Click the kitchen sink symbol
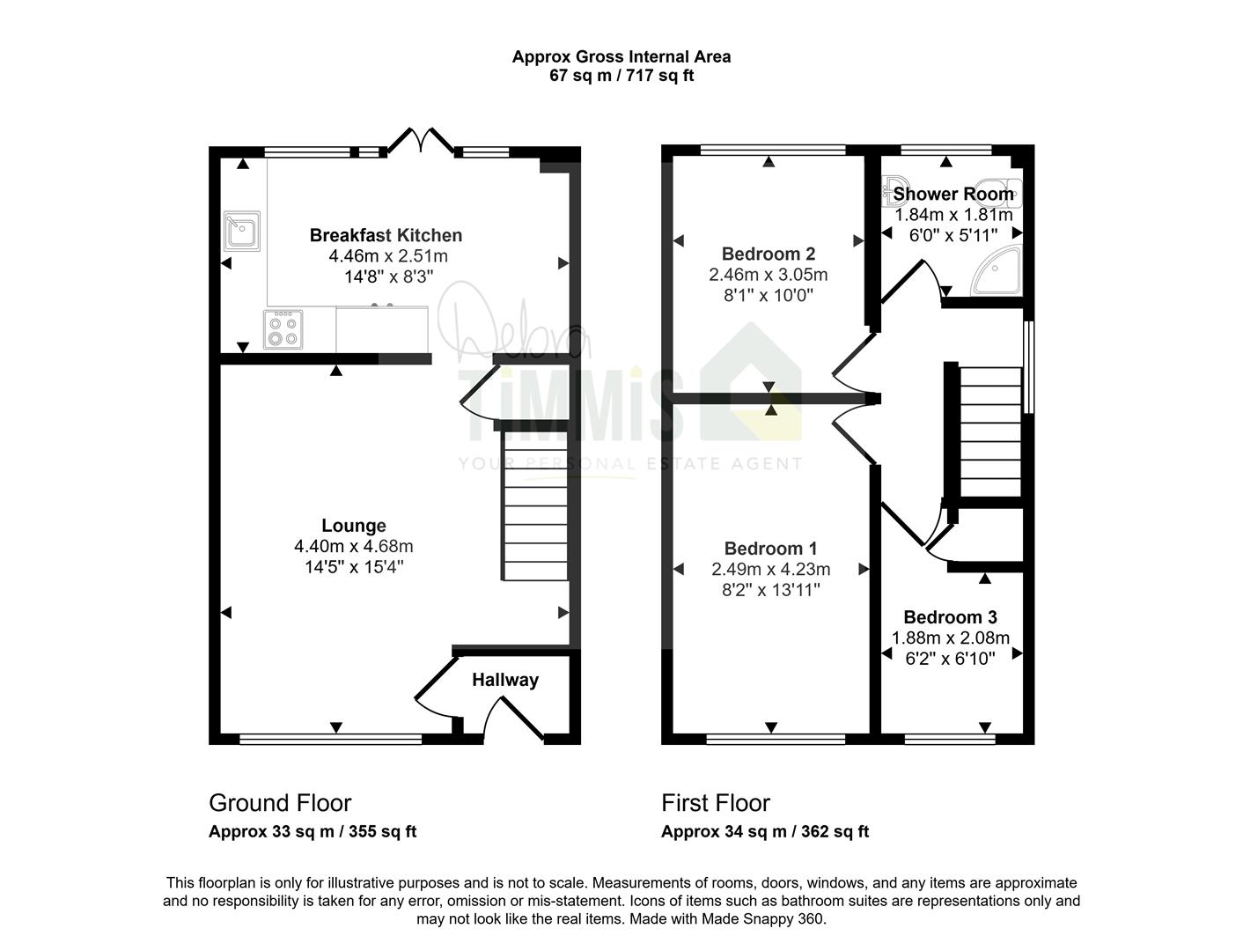click(x=242, y=231)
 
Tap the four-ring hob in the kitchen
click(x=283, y=329)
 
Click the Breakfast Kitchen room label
click(x=386, y=235)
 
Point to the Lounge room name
click(x=354, y=526)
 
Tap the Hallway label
click(x=505, y=680)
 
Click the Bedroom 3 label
click(x=950, y=616)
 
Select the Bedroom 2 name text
click(x=769, y=254)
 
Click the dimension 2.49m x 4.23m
click(x=771, y=569)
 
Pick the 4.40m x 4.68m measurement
click(x=353, y=547)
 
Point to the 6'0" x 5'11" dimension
click(x=953, y=235)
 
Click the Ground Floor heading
click(x=280, y=803)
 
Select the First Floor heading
click(x=716, y=803)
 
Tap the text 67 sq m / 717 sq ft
click(x=621, y=76)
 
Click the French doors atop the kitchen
click(x=421, y=142)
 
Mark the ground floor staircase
click(x=535, y=505)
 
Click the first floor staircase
click(x=990, y=431)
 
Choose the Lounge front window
click(x=331, y=739)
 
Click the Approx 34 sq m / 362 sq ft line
click(x=765, y=831)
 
